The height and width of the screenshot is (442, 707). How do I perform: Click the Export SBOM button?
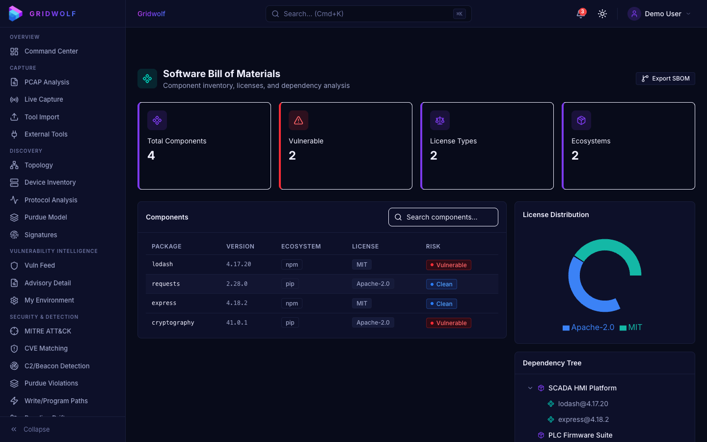pos(665,79)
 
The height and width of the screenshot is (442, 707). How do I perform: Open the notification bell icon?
pos(581,14)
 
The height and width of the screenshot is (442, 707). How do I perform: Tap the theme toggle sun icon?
pos(602,14)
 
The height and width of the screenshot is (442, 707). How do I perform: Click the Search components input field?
pos(443,217)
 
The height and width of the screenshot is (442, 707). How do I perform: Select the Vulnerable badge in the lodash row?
pos(448,265)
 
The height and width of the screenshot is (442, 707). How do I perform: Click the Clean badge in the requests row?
pos(441,284)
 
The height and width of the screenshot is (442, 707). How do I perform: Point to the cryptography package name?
pos(173,323)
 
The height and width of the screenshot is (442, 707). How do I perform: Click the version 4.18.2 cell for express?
pos(237,303)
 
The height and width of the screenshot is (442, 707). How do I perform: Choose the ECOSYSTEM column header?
pos(301,247)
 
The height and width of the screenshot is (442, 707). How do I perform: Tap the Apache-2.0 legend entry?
pos(589,328)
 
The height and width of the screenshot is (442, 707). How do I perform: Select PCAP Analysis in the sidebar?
pos(47,82)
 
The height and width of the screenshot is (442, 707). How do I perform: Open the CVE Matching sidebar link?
pos(46,348)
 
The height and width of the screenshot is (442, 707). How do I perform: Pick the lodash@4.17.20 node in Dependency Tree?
pos(583,404)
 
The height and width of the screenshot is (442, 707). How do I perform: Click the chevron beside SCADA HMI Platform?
pos(530,388)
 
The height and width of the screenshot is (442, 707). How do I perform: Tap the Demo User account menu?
pos(659,14)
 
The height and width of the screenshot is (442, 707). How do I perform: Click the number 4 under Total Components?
pos(151,156)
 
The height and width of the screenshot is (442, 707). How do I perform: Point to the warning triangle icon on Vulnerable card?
pos(299,120)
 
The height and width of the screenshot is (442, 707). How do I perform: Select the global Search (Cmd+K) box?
pos(368,14)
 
